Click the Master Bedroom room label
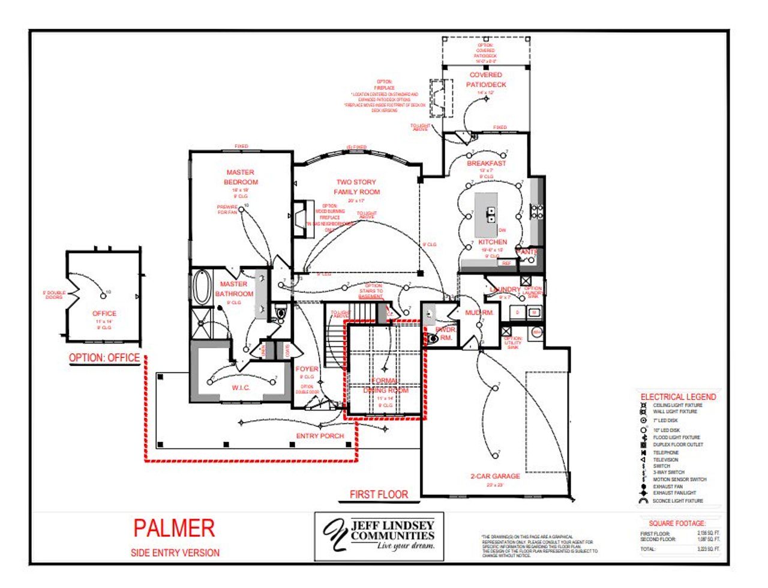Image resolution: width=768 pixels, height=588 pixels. [x=240, y=177]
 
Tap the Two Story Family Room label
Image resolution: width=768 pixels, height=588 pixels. [x=357, y=187]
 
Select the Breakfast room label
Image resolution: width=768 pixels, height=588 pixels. [x=487, y=163]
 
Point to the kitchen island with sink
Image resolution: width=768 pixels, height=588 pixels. [x=487, y=214]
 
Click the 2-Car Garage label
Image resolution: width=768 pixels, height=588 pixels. [x=495, y=476]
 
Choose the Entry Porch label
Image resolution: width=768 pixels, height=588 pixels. [x=320, y=436]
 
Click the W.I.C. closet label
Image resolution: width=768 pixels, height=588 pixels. [x=241, y=388]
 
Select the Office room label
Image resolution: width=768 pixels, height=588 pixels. [x=104, y=314]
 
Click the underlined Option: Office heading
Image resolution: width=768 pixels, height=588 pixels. [x=104, y=358]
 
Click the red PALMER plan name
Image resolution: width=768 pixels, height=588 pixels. [x=174, y=529]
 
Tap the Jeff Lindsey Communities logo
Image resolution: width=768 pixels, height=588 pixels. [x=379, y=536]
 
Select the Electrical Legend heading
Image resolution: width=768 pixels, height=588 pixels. [x=678, y=397]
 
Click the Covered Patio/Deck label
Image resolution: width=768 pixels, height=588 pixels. [x=486, y=80]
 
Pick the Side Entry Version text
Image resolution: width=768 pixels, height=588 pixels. [x=175, y=553]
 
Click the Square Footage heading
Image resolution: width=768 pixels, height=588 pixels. [x=677, y=524]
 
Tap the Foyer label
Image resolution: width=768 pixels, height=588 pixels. [x=307, y=369]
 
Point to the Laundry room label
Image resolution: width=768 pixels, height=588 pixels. [x=505, y=289]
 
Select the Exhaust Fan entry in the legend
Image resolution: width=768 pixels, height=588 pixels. [x=667, y=486]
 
